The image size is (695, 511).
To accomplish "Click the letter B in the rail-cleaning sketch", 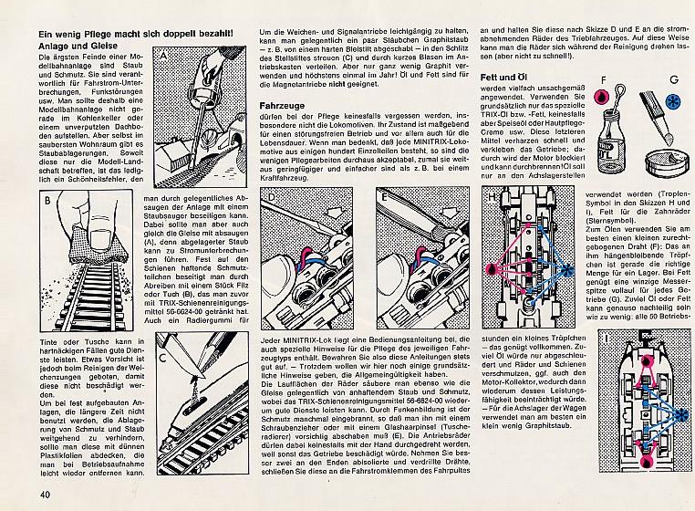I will point(48,201).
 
